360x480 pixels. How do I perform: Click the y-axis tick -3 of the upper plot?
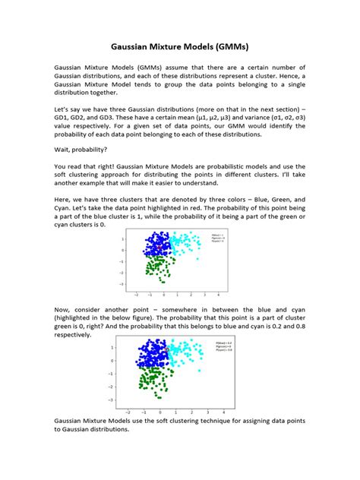click(x=122, y=284)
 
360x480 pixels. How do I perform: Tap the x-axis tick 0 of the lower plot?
click(x=163, y=412)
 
